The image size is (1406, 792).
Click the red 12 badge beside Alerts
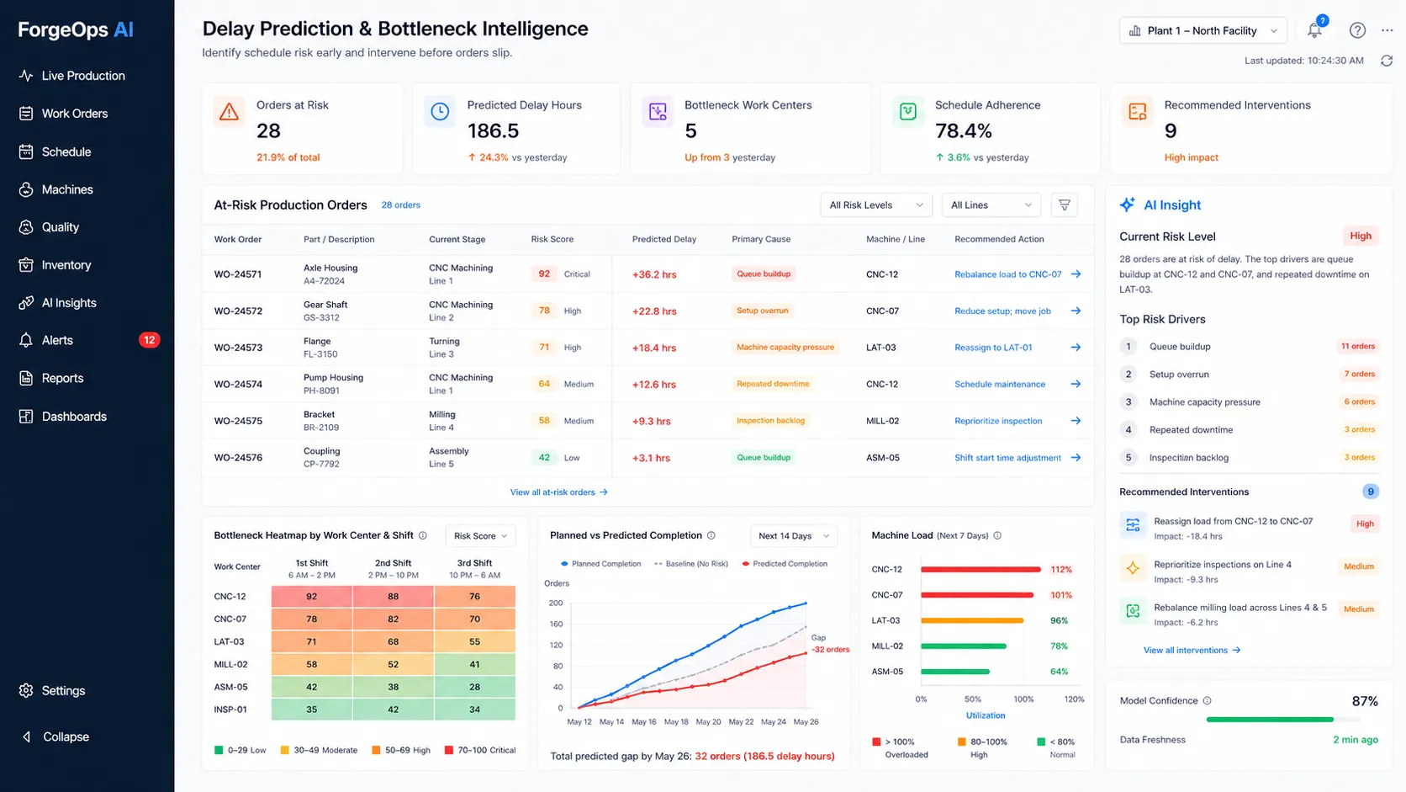pyautogui.click(x=149, y=340)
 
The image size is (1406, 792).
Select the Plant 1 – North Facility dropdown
pyautogui.click(x=1202, y=31)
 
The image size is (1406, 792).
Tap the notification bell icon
pyautogui.click(x=1314, y=30)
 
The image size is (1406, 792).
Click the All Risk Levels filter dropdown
pyautogui.click(x=875, y=205)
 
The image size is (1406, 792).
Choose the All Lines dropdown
pyautogui.click(x=991, y=205)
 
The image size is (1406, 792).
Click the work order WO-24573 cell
pyautogui.click(x=238, y=348)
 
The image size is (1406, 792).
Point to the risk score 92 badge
pyautogui.click(x=543, y=274)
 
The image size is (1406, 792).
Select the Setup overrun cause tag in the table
pyautogui.click(x=762, y=311)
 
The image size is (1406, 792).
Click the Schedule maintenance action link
pyautogui.click(x=1000, y=385)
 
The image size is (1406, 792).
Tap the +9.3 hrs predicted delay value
pyautogui.click(x=651, y=421)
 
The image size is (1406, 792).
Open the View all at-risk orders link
pyautogui.click(x=558, y=492)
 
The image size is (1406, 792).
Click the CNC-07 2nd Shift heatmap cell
pyautogui.click(x=393, y=619)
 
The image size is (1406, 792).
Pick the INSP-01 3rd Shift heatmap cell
pyautogui.click(x=474, y=710)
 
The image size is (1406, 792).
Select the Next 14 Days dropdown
pyautogui.click(x=793, y=536)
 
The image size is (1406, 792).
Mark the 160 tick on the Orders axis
pyautogui.click(x=556, y=625)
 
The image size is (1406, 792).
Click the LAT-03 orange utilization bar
pyautogui.click(x=972, y=620)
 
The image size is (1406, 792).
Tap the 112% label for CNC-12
pyautogui.click(x=1060, y=570)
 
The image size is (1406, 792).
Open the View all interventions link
pyautogui.click(x=1192, y=651)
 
